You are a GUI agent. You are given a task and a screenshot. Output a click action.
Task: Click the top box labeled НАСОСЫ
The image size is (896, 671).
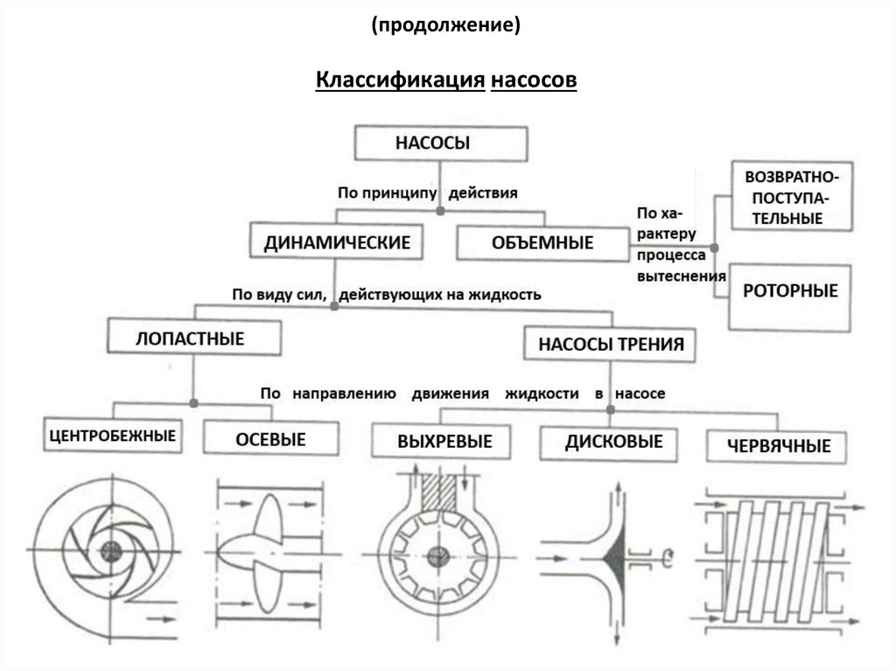pyautogui.click(x=440, y=144)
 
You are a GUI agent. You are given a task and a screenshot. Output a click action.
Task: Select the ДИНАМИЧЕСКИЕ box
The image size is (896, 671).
pyautogui.click(x=337, y=242)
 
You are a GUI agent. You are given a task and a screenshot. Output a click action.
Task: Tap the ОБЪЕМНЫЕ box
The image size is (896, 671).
pyautogui.click(x=542, y=242)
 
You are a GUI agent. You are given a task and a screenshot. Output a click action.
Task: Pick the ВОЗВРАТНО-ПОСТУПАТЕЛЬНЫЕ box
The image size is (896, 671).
pyautogui.click(x=790, y=196)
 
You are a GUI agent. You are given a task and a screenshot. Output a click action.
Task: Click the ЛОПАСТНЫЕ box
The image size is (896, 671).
pyautogui.click(x=194, y=338)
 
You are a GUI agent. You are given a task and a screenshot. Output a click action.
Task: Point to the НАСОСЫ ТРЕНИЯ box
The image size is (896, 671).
pyautogui.click(x=610, y=343)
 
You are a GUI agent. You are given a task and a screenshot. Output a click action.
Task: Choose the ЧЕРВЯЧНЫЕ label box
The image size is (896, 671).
pyautogui.click(x=779, y=445)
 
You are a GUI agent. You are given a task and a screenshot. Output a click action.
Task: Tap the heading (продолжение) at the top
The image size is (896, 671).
pyautogui.click(x=446, y=26)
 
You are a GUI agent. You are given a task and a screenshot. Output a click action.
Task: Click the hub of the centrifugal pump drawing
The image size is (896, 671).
pyautogui.click(x=111, y=549)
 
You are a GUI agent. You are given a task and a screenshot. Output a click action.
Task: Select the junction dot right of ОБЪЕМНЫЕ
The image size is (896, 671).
pyautogui.click(x=715, y=248)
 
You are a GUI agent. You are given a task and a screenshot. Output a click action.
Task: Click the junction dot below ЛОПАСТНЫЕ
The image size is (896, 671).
pyautogui.click(x=193, y=403)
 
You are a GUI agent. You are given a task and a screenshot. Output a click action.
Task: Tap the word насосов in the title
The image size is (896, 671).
pyautogui.click(x=534, y=80)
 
